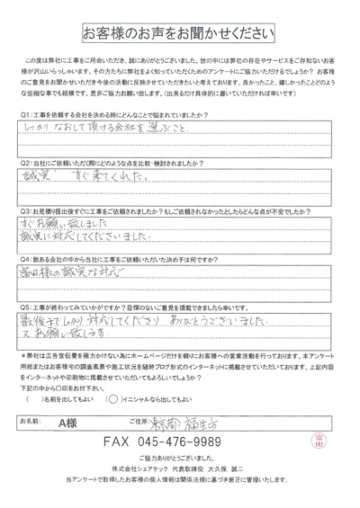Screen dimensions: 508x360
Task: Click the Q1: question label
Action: pyautogui.click(x=26, y=115)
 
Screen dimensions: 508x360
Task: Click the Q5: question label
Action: pyautogui.click(x=26, y=306)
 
